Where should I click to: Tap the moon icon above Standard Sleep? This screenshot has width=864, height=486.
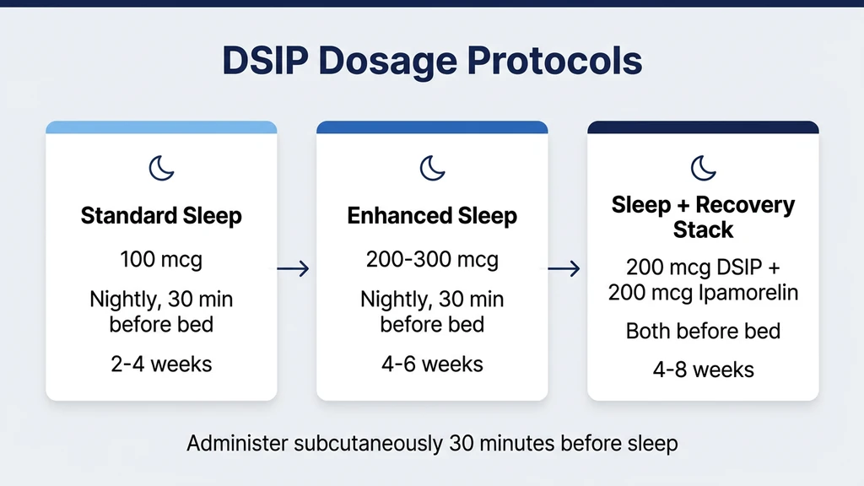161,167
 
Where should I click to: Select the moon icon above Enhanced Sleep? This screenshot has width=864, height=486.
432,167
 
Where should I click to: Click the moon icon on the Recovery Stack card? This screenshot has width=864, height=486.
703,167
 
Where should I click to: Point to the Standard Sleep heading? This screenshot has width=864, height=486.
161,216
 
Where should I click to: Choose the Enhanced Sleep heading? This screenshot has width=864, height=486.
432,216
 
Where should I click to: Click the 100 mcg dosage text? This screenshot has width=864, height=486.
161,259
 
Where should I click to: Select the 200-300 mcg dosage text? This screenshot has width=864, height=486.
432,259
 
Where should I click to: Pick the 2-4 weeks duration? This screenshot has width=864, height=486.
161,364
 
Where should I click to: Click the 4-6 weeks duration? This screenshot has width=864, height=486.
432,364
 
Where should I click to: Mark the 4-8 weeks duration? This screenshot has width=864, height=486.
703,369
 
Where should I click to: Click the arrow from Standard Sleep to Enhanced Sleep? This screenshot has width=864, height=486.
294,269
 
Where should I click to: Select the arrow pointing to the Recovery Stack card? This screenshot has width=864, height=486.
564,269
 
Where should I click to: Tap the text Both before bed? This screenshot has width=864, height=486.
703,331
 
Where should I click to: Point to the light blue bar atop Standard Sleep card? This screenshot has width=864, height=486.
161,127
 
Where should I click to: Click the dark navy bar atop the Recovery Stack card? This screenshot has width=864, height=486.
703,127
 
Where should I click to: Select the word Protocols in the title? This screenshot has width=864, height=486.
553,62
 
